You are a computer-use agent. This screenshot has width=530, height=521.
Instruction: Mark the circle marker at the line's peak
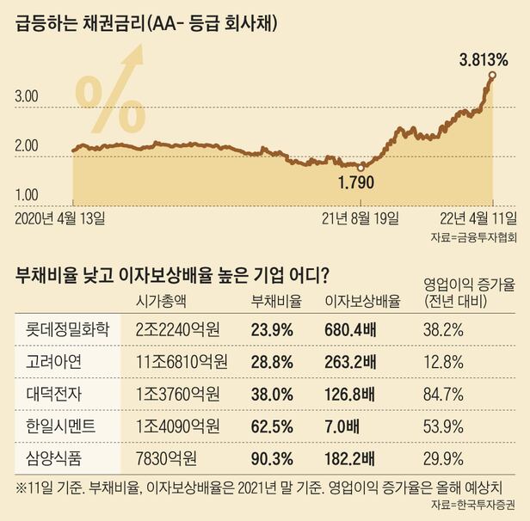pyautogui.click(x=491, y=76)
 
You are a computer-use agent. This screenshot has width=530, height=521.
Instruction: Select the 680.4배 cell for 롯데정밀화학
pyautogui.click(x=350, y=328)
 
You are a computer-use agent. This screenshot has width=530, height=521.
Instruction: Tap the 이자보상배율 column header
pyautogui.click(x=362, y=301)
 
